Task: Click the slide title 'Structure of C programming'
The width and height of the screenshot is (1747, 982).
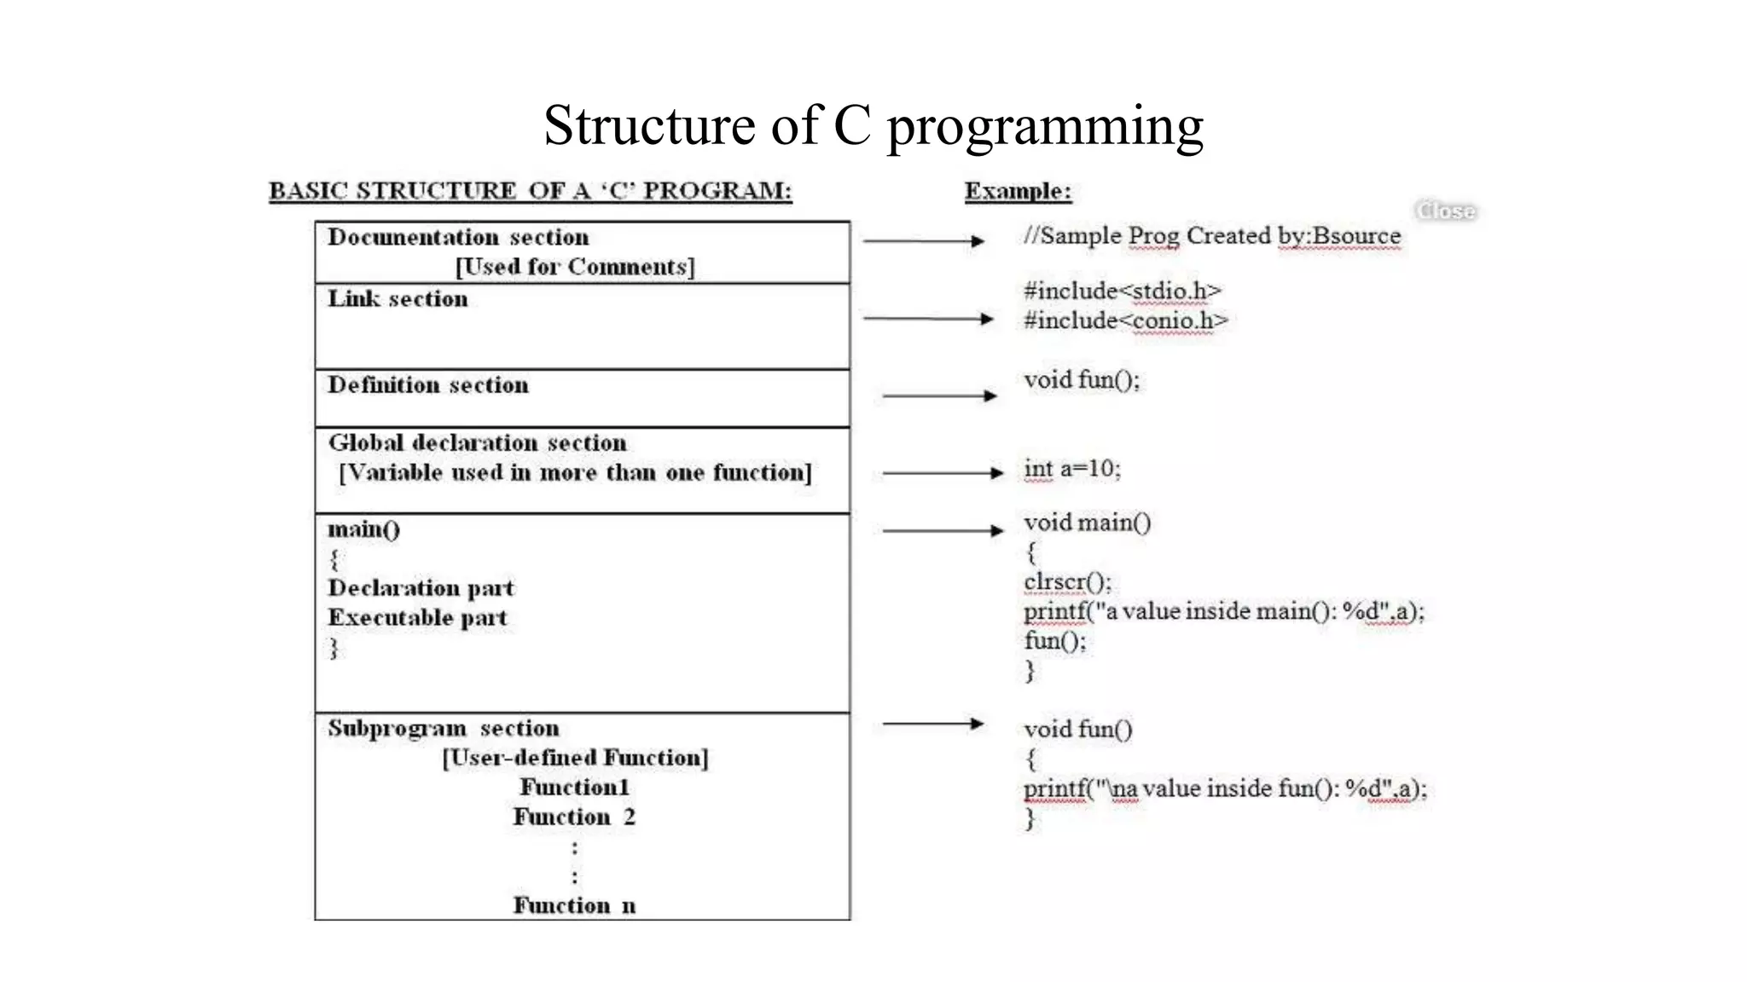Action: point(873,125)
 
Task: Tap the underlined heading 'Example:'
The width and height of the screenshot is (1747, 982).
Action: point(1018,191)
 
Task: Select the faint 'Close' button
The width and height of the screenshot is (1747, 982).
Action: point(1445,211)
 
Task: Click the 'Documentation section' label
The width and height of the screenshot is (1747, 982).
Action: point(458,237)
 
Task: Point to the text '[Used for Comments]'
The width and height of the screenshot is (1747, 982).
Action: point(575,267)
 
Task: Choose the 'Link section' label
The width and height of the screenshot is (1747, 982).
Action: point(398,298)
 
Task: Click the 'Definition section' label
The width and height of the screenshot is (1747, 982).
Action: point(428,385)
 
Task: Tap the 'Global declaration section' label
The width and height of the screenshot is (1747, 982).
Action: point(478,443)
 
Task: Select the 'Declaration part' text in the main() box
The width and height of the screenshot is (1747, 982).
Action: point(421,588)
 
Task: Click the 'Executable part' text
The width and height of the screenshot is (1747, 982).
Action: point(417,618)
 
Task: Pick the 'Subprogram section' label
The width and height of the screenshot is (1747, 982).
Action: point(444,729)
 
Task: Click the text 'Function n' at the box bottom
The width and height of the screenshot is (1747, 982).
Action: point(574,905)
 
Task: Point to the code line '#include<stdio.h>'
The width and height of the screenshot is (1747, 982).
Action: point(1123,292)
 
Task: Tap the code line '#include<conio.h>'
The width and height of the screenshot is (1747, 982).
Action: point(1126,321)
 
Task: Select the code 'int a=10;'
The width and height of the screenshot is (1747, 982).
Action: point(1072,469)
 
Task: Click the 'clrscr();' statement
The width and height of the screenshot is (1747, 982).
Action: point(1067,582)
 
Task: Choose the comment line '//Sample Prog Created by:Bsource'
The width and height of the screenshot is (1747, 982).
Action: point(1212,235)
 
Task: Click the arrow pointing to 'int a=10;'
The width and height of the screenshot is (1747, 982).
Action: point(943,472)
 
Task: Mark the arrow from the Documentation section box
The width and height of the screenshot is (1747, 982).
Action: point(924,241)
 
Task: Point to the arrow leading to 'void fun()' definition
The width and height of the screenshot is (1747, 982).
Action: point(932,724)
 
